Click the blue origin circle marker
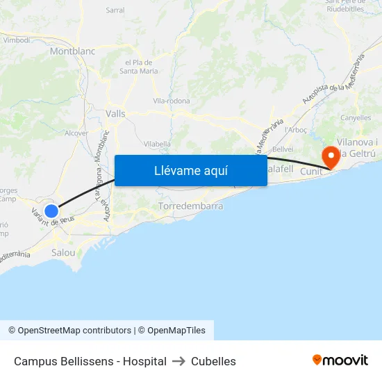(51, 210)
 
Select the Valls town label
(115, 113)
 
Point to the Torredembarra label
(191, 207)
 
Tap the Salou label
(63, 253)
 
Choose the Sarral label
(115, 10)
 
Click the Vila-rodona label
(171, 101)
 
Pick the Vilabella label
(156, 144)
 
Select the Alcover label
(76, 133)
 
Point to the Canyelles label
(356, 118)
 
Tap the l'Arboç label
(296, 130)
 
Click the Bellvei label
(282, 149)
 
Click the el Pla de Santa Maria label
(139, 66)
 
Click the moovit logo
(340, 360)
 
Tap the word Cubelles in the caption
(213, 361)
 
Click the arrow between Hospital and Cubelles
(178, 361)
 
